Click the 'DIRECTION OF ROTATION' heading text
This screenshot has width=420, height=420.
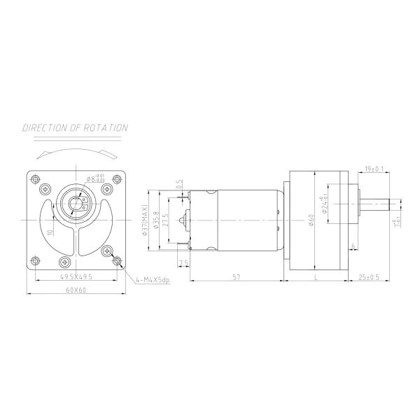coord(75,128)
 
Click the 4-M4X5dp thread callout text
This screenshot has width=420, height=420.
coord(155,281)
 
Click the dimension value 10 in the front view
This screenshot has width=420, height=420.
coord(50,232)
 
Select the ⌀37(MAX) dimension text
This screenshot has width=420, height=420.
coord(145,220)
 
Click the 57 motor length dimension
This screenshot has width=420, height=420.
coord(237,278)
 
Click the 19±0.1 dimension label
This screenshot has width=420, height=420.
coord(374,169)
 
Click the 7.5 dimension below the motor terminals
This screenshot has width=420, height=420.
coord(184,262)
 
